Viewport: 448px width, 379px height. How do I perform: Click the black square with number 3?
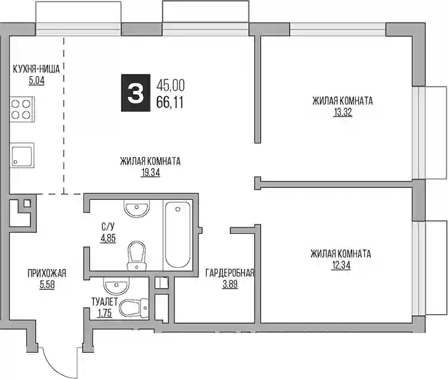[136, 93]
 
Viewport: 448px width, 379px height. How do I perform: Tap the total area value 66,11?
[170, 102]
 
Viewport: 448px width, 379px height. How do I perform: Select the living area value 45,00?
[170, 85]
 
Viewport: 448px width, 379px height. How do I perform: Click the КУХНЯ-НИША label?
[36, 69]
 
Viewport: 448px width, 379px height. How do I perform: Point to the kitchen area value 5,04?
[36, 81]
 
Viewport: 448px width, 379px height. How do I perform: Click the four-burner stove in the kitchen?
[22, 109]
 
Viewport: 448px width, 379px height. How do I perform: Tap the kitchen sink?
[22, 155]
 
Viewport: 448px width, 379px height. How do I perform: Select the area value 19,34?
[151, 173]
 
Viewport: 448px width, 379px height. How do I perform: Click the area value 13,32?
[343, 112]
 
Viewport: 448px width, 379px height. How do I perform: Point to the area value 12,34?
[341, 265]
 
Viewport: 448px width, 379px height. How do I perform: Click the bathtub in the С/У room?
[178, 235]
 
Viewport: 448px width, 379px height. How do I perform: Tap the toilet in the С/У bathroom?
[137, 256]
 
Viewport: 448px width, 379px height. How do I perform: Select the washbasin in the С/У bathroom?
[137, 209]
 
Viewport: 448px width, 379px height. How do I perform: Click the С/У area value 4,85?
[108, 238]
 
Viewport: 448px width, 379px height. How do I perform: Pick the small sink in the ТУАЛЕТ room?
[115, 286]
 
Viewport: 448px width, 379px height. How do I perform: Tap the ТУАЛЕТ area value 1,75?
[105, 314]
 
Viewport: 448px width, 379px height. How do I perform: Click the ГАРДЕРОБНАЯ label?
[230, 273]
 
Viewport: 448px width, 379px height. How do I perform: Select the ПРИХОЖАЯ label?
[47, 273]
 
